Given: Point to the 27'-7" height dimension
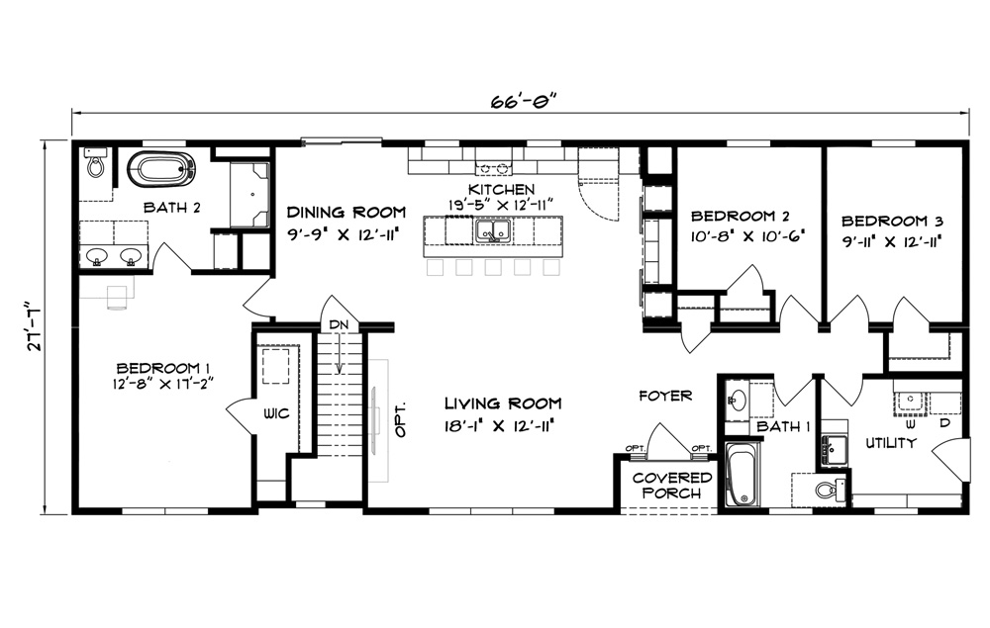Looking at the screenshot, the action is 37,327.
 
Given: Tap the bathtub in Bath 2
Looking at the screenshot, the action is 160,169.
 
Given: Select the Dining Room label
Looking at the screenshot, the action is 346,212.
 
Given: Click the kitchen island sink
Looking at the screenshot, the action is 492,230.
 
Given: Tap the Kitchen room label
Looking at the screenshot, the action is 501,189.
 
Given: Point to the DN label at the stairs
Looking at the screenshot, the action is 339,324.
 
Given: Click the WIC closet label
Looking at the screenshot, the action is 276,413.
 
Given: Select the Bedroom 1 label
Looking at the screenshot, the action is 163,368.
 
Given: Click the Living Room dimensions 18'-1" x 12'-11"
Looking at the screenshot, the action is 499,425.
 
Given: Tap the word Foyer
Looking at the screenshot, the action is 665,396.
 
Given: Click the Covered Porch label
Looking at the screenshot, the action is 671,486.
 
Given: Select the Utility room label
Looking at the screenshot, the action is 890,443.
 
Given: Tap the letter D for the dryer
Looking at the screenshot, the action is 944,422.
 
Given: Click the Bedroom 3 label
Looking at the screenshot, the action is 892,222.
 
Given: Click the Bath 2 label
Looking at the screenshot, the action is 171,208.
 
